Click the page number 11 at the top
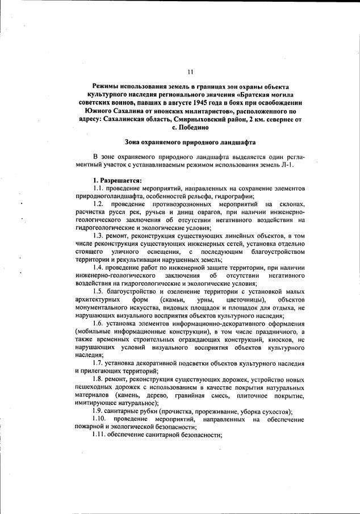point(190,72)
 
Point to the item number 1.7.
point(101,362)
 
